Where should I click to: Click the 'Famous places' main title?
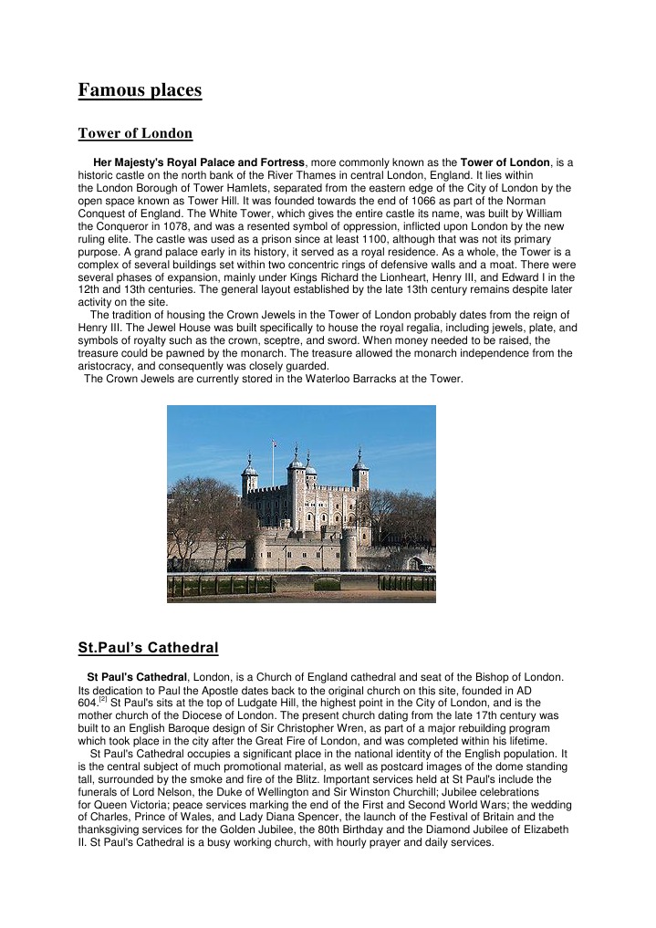140,90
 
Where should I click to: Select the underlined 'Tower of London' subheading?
135,134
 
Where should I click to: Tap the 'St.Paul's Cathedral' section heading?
148,649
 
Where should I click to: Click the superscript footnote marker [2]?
103,700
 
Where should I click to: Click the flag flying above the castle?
274,443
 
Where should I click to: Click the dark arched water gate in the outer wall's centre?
305,568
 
